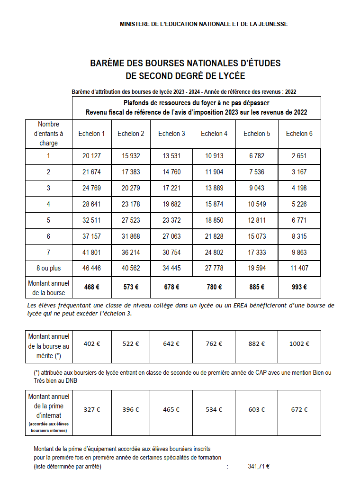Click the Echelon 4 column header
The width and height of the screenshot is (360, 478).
(214, 134)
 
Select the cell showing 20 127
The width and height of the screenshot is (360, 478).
(91, 156)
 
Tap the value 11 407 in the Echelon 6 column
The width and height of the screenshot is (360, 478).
(299, 268)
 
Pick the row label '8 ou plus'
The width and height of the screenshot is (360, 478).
(48, 268)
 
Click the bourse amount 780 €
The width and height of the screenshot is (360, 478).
(214, 287)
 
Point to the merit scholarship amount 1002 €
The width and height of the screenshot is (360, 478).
(299, 344)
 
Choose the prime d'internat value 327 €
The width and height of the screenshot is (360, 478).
(91, 409)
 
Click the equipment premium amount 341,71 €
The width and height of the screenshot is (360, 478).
(259, 466)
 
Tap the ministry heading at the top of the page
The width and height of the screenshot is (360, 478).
(204, 24)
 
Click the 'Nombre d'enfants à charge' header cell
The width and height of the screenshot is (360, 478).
(48, 134)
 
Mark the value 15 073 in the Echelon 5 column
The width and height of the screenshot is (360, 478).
(257, 236)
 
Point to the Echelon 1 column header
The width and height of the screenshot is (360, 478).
(91, 134)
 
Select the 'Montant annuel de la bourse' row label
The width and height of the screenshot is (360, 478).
(48, 288)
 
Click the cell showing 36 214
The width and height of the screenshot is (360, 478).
(131, 253)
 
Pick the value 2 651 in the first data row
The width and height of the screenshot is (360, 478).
(299, 156)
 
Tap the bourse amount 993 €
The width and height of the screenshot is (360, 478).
(299, 287)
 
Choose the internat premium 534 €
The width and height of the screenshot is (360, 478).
(214, 409)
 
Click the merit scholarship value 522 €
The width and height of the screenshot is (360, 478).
(131, 344)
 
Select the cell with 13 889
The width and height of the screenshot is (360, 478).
(214, 188)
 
